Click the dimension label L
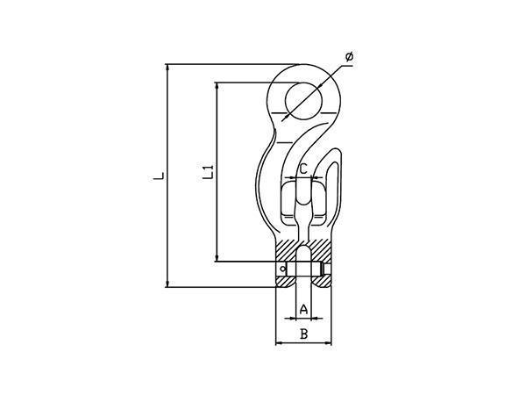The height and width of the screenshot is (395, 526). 159,176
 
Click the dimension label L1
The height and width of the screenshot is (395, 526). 209,171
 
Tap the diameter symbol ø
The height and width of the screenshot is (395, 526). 349,57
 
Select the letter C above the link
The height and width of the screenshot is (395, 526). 303,169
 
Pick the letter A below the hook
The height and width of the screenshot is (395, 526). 303,309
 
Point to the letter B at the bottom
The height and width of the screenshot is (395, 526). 303,334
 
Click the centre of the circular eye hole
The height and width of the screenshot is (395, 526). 303,101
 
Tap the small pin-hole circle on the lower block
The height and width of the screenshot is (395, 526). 282,269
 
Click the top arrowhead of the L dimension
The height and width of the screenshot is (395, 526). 167,68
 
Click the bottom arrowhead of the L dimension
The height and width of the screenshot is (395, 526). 167,284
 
